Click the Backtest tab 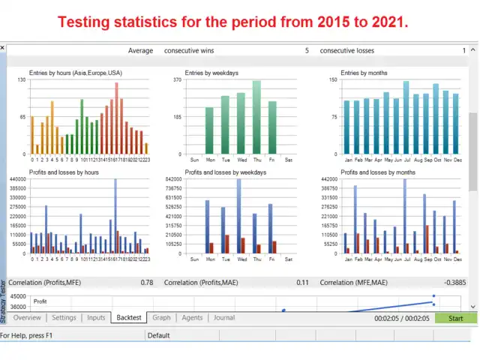pos(129,317)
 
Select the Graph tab pos(161,317)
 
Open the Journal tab pos(224,317)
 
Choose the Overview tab pos(28,317)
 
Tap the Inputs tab pos(96,317)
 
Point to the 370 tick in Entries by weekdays pos(178,79)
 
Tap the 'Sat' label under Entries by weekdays pos(289,160)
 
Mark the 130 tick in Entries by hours pos(21,79)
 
